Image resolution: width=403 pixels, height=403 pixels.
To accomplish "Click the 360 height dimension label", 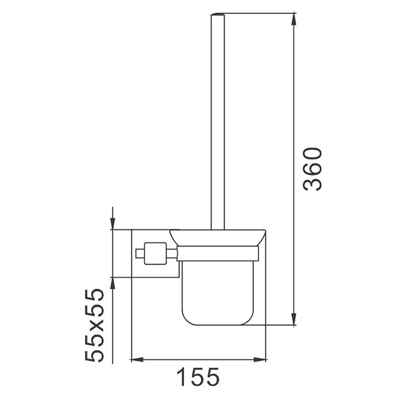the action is click(x=312, y=169).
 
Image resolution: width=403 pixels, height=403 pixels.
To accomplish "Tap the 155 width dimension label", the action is click(x=198, y=377).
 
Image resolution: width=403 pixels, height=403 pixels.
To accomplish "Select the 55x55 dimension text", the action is click(x=94, y=325).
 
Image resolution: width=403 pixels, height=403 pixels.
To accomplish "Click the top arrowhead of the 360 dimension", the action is click(x=294, y=19).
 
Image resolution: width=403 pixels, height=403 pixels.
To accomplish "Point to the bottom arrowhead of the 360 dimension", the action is click(x=294, y=319).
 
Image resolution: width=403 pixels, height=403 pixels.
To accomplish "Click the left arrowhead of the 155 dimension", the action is click(x=137, y=360).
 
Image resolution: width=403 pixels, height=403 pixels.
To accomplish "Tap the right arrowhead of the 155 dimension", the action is click(x=260, y=360).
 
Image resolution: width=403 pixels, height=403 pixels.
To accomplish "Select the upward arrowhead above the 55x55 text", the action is click(x=113, y=283).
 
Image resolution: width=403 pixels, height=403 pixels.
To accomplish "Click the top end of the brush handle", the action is click(x=218, y=14).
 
